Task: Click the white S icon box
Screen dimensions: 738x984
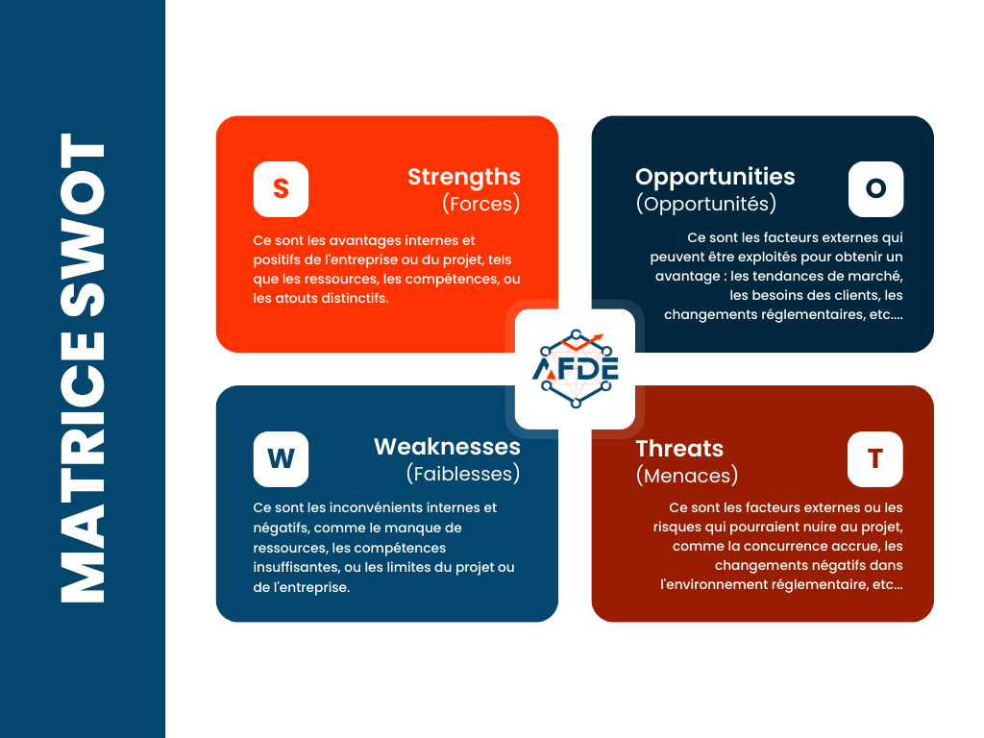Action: pyautogui.click(x=281, y=189)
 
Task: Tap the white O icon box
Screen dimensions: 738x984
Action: pyautogui.click(x=875, y=189)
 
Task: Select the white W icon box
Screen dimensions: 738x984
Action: pyautogui.click(x=281, y=459)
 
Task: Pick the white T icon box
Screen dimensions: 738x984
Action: pyautogui.click(x=875, y=459)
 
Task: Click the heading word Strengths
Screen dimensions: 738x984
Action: pyautogui.click(x=463, y=177)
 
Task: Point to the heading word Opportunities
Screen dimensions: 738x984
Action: pyautogui.click(x=715, y=177)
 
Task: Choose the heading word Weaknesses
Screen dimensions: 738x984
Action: pyautogui.click(x=447, y=447)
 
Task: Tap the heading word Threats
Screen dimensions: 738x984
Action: pyautogui.click(x=679, y=448)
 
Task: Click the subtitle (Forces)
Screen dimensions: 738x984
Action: pyautogui.click(x=480, y=204)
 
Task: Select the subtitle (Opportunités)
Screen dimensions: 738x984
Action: pyautogui.click(x=705, y=204)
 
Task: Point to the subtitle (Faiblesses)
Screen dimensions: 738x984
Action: pyautogui.click(x=462, y=474)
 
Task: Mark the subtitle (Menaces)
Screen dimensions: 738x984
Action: pyautogui.click(x=686, y=475)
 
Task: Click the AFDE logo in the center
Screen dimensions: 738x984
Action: pyautogui.click(x=575, y=369)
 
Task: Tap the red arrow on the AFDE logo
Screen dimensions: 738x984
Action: pyautogui.click(x=592, y=338)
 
